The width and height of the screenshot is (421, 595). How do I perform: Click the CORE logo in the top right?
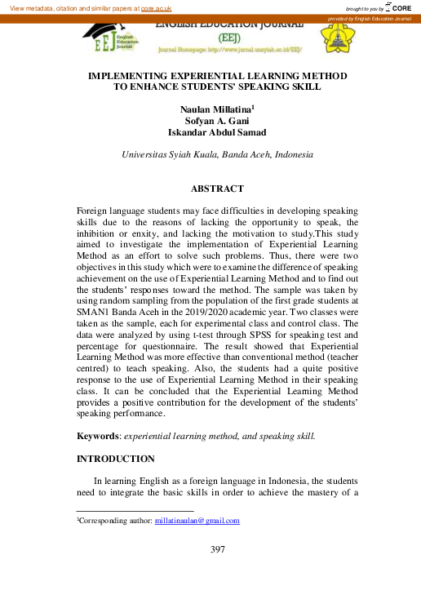pos(397,7)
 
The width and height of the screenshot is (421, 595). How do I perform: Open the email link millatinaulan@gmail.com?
pos(197,520)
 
